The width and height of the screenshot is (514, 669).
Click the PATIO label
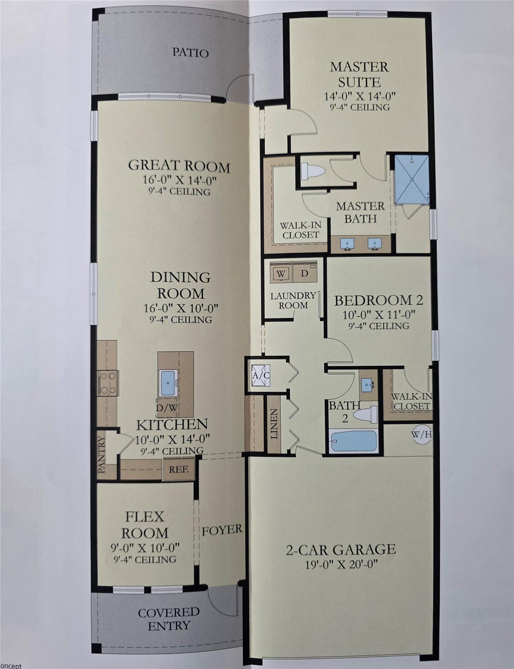pyautogui.click(x=190, y=53)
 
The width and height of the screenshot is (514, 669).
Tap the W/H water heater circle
pyautogui.click(x=421, y=434)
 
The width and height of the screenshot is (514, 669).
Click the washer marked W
pyautogui.click(x=281, y=274)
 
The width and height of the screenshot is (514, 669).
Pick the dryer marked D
pyautogui.click(x=304, y=274)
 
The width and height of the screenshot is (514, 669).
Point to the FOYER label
pyautogui.click(x=221, y=530)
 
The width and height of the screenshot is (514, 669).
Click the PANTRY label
pyautogui.click(x=101, y=455)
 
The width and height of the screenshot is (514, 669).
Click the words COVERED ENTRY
pyautogui.click(x=169, y=619)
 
